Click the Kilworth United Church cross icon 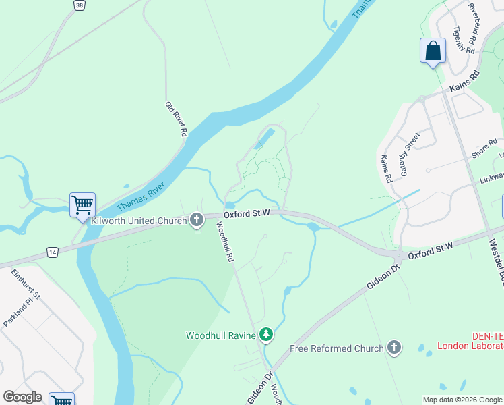[197, 220]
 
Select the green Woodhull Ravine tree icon [266, 335]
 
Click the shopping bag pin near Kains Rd [433, 51]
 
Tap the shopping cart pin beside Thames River [82, 205]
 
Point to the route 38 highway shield [80, 5]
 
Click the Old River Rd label [175, 119]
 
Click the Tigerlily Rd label [464, 40]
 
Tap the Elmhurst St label [26, 286]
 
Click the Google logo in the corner [22, 397]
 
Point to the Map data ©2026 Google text [462, 400]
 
